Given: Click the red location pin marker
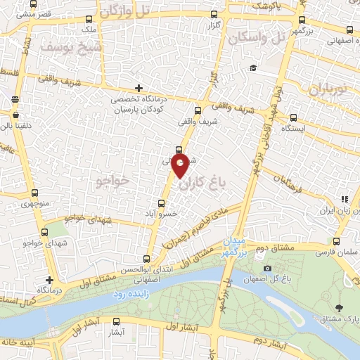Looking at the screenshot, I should (x=181, y=167).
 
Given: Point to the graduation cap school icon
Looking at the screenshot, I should (x=252, y=68).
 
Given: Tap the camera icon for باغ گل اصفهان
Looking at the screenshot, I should (x=267, y=269).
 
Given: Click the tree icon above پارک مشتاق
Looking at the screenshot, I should (x=340, y=308).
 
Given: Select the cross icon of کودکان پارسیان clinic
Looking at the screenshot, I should (x=139, y=88).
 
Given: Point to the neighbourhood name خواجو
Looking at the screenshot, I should (x=114, y=181).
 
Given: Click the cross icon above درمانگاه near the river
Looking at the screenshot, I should (x=50, y=280).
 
